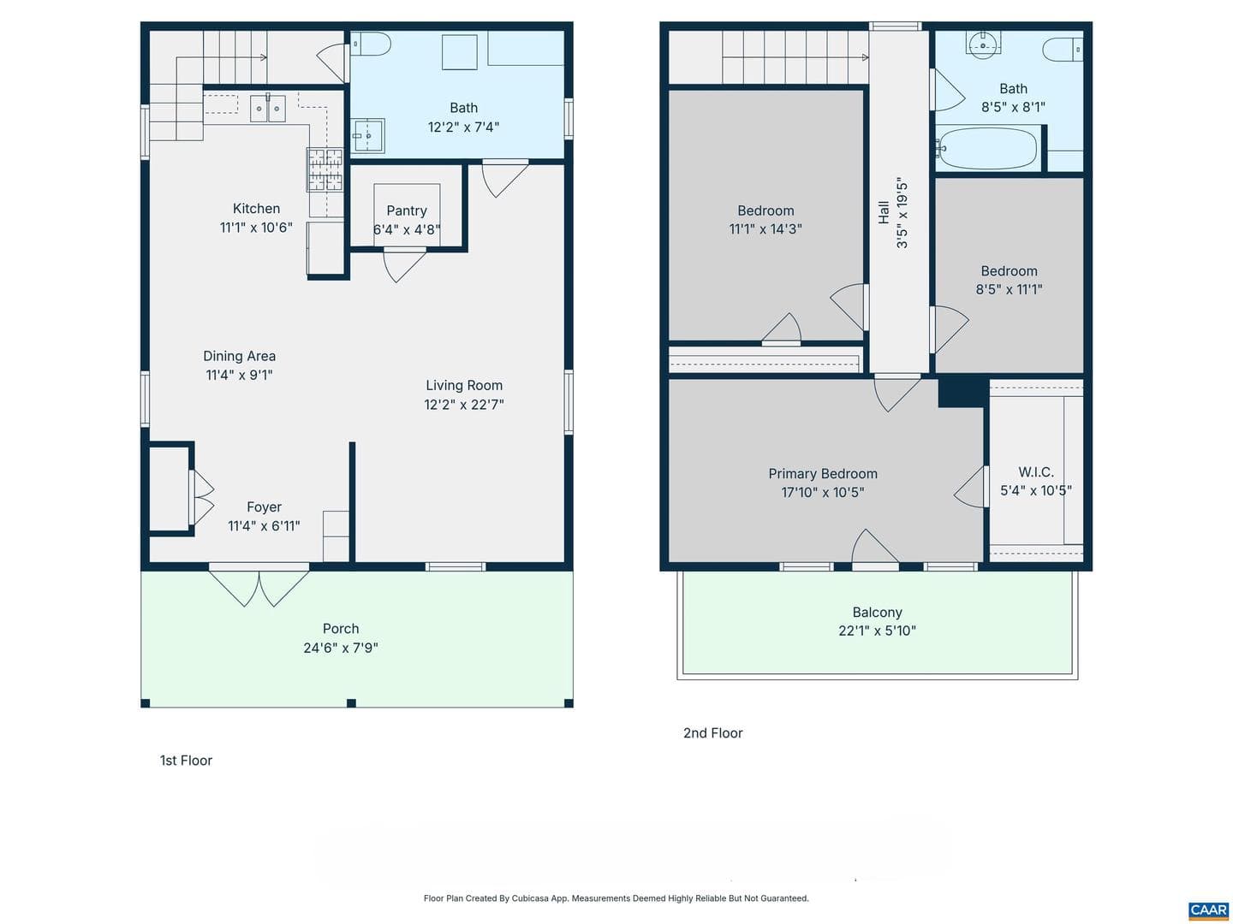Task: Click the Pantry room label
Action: (x=406, y=210)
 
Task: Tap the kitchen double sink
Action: (x=267, y=108)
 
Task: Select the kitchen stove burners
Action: (x=325, y=169)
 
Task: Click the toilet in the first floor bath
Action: (x=371, y=44)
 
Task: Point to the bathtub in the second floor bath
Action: (x=986, y=148)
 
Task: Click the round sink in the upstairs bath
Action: (x=982, y=45)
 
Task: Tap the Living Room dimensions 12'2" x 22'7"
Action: (x=463, y=405)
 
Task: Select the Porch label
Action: (x=341, y=628)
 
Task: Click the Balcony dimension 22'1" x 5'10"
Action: (x=877, y=631)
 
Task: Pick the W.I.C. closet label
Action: (x=1036, y=471)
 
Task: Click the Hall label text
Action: (x=884, y=213)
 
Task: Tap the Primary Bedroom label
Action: (x=822, y=473)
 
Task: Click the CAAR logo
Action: (x=1208, y=909)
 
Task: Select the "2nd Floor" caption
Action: (x=712, y=732)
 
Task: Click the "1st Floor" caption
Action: (x=186, y=761)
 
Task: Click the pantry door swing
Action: (x=404, y=266)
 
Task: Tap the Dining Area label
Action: (x=239, y=356)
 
